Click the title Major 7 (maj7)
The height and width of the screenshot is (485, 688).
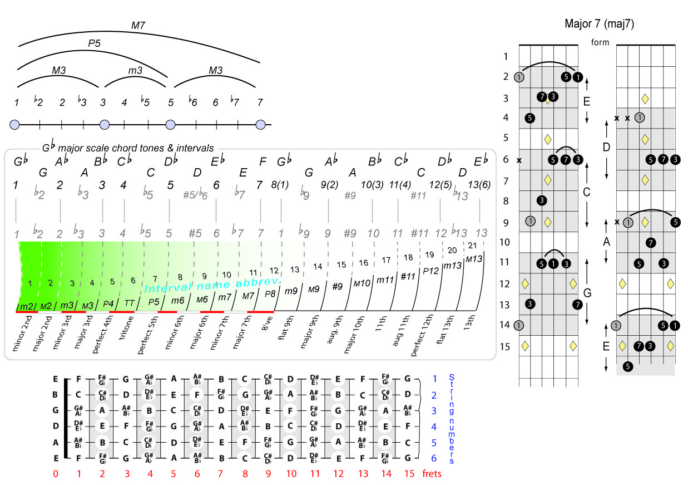[x=599, y=24]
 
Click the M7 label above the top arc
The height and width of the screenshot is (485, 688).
[x=138, y=25]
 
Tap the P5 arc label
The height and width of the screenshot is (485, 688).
[x=95, y=43]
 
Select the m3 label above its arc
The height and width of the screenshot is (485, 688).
[x=136, y=70]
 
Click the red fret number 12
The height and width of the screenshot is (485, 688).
[x=338, y=474]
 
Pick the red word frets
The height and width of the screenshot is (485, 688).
[x=432, y=474]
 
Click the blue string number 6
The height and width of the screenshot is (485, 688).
[x=434, y=458]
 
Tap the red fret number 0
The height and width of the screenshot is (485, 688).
[x=56, y=474]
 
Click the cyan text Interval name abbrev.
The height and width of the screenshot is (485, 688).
[x=212, y=285]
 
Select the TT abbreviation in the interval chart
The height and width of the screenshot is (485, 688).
[x=130, y=303]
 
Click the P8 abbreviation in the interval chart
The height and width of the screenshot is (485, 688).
[x=270, y=294]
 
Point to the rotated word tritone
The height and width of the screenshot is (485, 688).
[x=126, y=328]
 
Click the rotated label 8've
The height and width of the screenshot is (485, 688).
[x=267, y=323]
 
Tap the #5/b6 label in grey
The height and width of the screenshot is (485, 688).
[x=195, y=194]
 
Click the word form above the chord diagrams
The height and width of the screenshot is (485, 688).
[x=600, y=42]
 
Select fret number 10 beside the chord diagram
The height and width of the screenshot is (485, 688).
[x=504, y=242]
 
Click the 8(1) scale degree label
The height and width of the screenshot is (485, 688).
[x=280, y=184]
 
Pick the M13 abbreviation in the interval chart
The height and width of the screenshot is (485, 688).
[x=474, y=259]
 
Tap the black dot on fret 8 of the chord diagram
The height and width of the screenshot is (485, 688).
[x=542, y=200]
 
